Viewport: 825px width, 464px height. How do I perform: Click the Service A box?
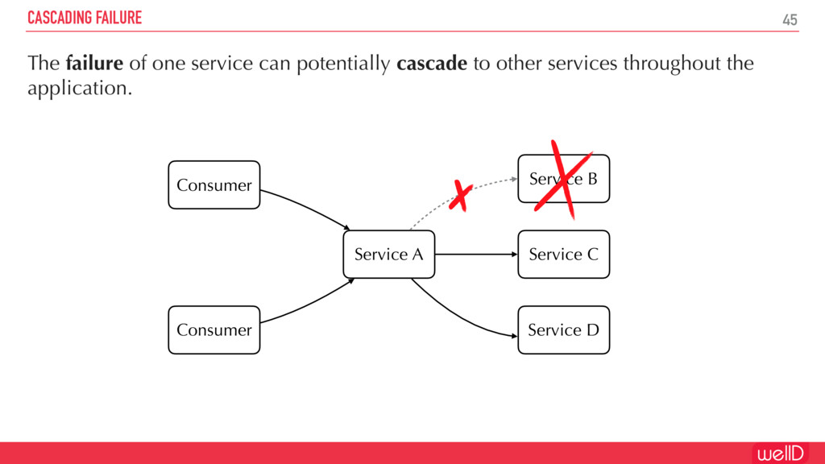[388, 255]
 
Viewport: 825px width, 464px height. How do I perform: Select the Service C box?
[563, 255]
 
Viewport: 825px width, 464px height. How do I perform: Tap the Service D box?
[563, 329]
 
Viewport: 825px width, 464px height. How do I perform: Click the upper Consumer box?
[214, 185]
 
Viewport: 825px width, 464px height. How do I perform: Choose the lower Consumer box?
[214, 329]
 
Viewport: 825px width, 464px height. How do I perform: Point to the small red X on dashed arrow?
[461, 196]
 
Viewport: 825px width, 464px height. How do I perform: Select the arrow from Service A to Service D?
[459, 317]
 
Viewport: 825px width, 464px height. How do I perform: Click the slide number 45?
[790, 19]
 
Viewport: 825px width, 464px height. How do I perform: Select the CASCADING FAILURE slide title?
[85, 18]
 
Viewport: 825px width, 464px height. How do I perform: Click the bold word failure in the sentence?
[93, 64]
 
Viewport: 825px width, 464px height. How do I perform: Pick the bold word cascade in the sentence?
[432, 64]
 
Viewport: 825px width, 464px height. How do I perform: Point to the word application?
[79, 89]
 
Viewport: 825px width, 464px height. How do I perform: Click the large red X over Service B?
[563, 179]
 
